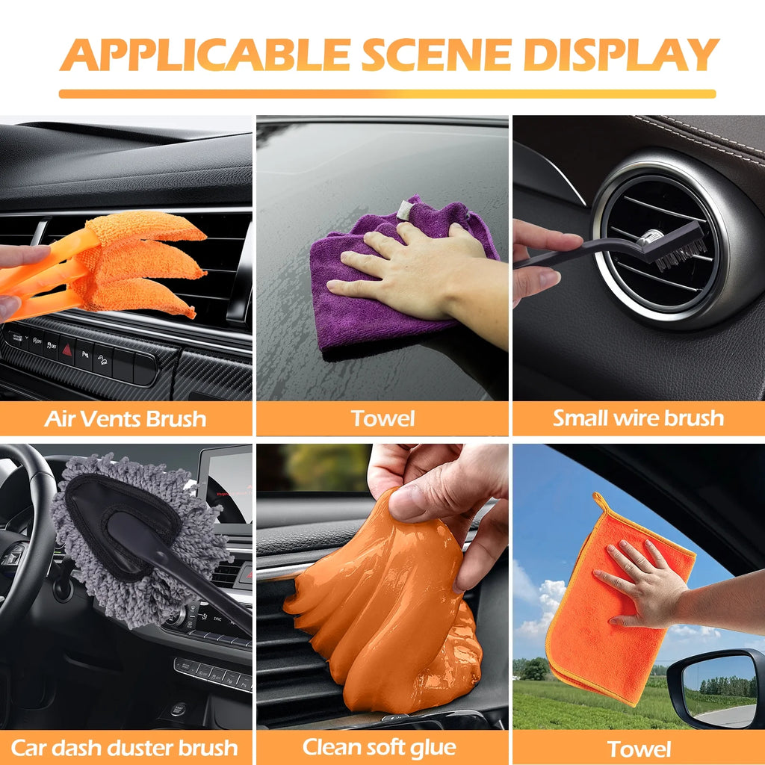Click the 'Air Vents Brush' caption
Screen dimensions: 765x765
click(126, 418)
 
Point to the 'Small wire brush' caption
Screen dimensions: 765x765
click(638, 418)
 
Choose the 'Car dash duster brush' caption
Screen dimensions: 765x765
click(125, 747)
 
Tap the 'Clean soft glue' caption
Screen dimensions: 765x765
click(380, 747)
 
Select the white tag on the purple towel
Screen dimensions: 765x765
click(405, 210)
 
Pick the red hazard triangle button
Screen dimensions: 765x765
click(66, 350)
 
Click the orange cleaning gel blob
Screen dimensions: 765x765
click(385, 610)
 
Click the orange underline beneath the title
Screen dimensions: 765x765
click(388, 93)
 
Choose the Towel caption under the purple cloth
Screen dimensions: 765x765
click(382, 418)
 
